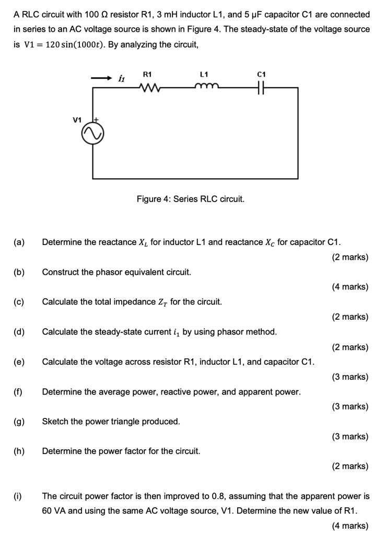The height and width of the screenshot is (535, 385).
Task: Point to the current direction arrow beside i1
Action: pyautogui.click(x=101, y=78)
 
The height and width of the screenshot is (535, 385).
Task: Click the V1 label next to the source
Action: pyautogui.click(x=77, y=120)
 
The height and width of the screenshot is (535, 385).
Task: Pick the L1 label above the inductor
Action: pyautogui.click(x=205, y=74)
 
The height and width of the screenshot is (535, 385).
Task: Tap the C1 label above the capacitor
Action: pyautogui.click(x=262, y=74)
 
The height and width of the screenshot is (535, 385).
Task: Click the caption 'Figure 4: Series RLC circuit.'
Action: pyautogui.click(x=190, y=199)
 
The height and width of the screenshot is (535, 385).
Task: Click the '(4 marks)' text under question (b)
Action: pyautogui.click(x=349, y=287)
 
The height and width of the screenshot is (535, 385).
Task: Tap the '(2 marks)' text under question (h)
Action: pyautogui.click(x=349, y=466)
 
